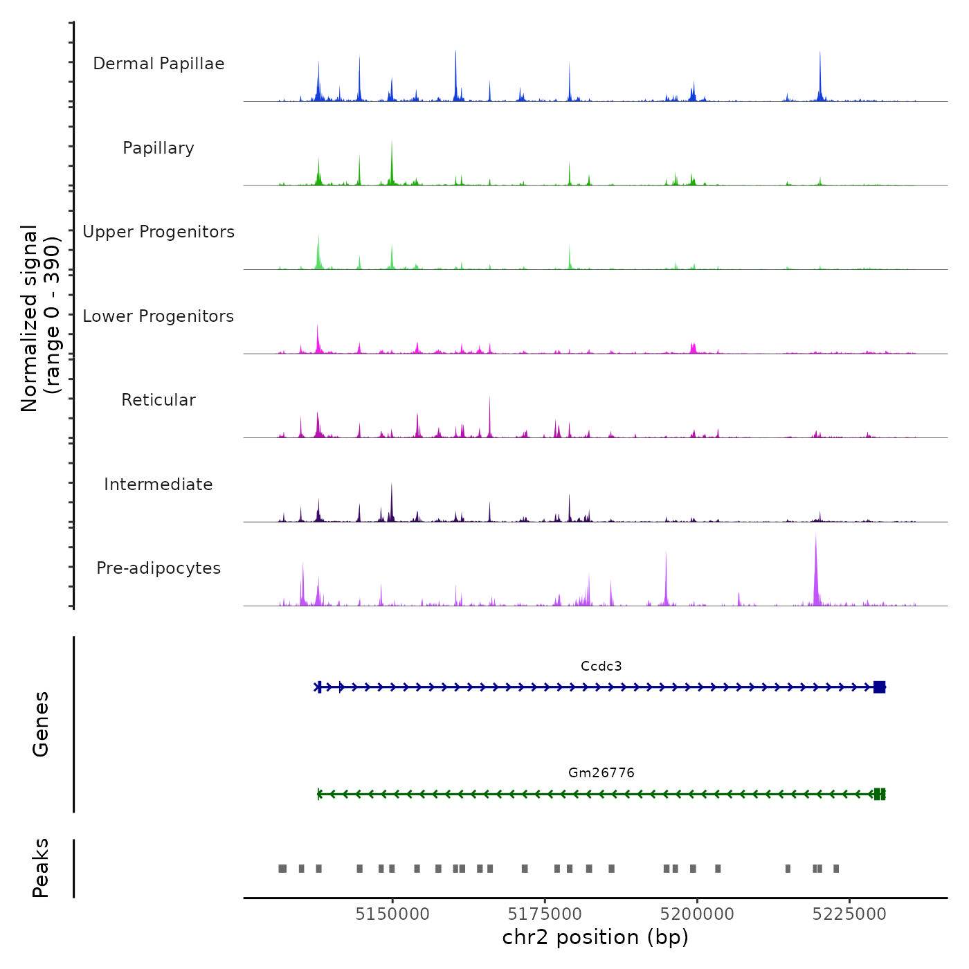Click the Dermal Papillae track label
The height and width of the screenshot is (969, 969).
[x=159, y=64]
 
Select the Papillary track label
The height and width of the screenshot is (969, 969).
[x=159, y=148]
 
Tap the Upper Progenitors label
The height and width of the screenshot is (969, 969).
[x=159, y=232]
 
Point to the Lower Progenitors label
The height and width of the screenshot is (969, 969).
[x=159, y=316]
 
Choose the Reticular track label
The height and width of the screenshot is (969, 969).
[x=159, y=400]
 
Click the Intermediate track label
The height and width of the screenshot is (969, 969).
[x=159, y=484]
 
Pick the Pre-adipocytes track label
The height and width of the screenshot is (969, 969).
[x=159, y=568]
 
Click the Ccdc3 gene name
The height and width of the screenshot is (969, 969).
[x=601, y=667]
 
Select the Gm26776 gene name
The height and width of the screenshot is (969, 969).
[x=601, y=773]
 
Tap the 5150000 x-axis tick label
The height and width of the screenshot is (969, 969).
[x=392, y=914]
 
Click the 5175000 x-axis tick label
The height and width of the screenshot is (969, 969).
[x=545, y=914]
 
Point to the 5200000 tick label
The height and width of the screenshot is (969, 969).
[x=697, y=914]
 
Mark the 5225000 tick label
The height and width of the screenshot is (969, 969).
[x=849, y=914]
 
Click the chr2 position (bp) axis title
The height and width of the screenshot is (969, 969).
[x=595, y=938]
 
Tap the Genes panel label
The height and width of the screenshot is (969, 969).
[x=41, y=724]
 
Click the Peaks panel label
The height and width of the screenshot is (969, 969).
[x=41, y=868]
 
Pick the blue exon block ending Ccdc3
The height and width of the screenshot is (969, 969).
[x=879, y=687]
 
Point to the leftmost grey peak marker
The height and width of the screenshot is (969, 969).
[x=282, y=869]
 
